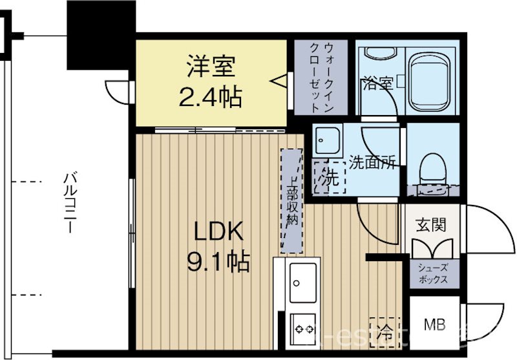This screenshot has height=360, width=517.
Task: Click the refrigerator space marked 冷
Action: click(385, 332)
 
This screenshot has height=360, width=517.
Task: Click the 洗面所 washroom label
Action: click(372, 162)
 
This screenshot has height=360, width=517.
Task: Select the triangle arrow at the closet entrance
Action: click(279, 82)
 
